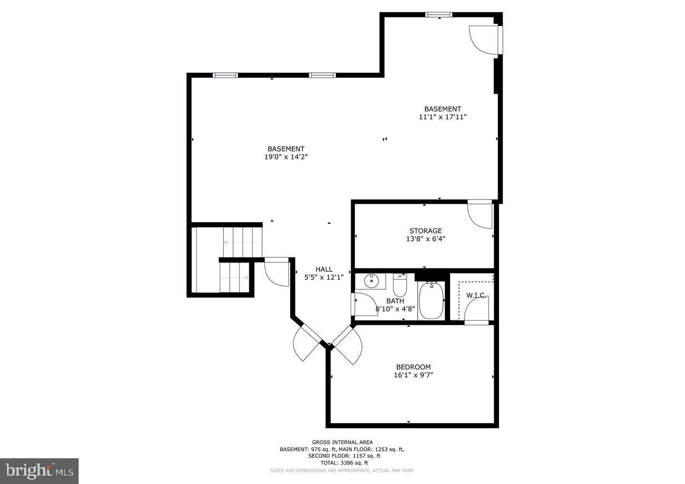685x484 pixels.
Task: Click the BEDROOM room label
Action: click(413, 367)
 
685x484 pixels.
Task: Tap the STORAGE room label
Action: click(425, 231)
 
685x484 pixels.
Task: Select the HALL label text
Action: click(324, 269)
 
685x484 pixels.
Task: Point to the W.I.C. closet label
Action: click(476, 295)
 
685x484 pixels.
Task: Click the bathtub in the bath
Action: click(431, 301)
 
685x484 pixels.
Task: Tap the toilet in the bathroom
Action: click(400, 285)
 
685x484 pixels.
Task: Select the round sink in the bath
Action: click(371, 282)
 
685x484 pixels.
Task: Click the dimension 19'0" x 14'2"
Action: click(286, 157)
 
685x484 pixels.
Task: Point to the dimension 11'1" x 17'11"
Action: click(442, 117)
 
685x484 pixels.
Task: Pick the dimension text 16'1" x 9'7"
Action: click(413, 375)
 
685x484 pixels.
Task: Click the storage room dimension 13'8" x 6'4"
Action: click(425, 239)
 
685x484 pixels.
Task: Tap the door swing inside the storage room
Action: click(480, 215)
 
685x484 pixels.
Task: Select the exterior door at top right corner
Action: click(484, 40)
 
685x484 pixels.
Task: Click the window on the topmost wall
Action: click(439, 15)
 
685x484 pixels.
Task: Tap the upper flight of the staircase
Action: click(243, 242)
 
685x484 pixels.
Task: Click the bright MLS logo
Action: click(39, 471)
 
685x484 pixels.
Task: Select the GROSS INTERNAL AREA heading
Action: click(342, 442)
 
